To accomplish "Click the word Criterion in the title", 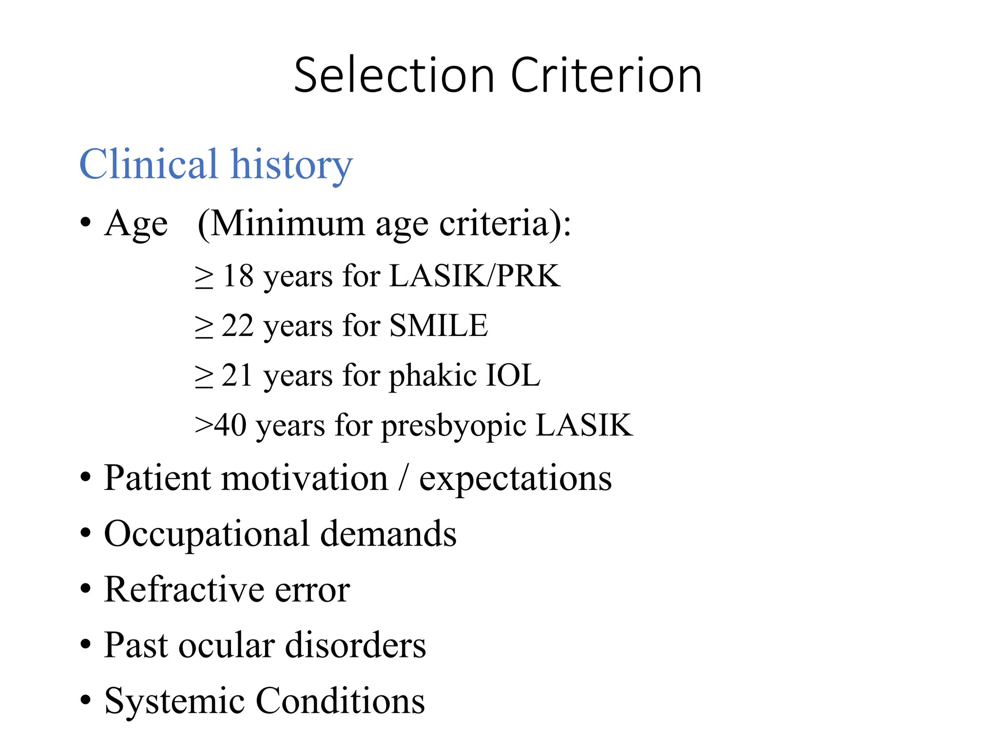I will pos(606,75).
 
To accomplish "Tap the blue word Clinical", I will pos(148,164).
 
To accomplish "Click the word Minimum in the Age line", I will pos(288,224).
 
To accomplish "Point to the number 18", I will pos(238,276).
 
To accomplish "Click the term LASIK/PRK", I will pos(475,276).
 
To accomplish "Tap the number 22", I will pos(238,326).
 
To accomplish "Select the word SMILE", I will pos(439,326).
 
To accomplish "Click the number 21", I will pos(237,375).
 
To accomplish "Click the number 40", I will pos(230,425).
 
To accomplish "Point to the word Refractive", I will pos(184,590).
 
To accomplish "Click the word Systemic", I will pos(174,701).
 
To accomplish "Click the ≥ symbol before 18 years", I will pos(204,278).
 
